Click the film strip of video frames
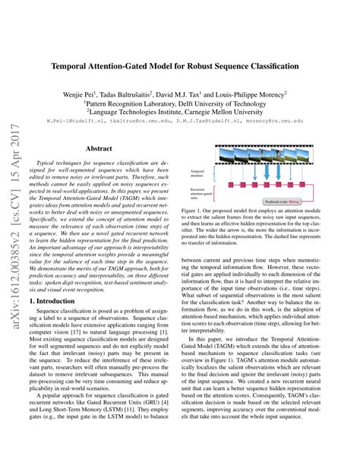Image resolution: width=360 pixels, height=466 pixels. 269,156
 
